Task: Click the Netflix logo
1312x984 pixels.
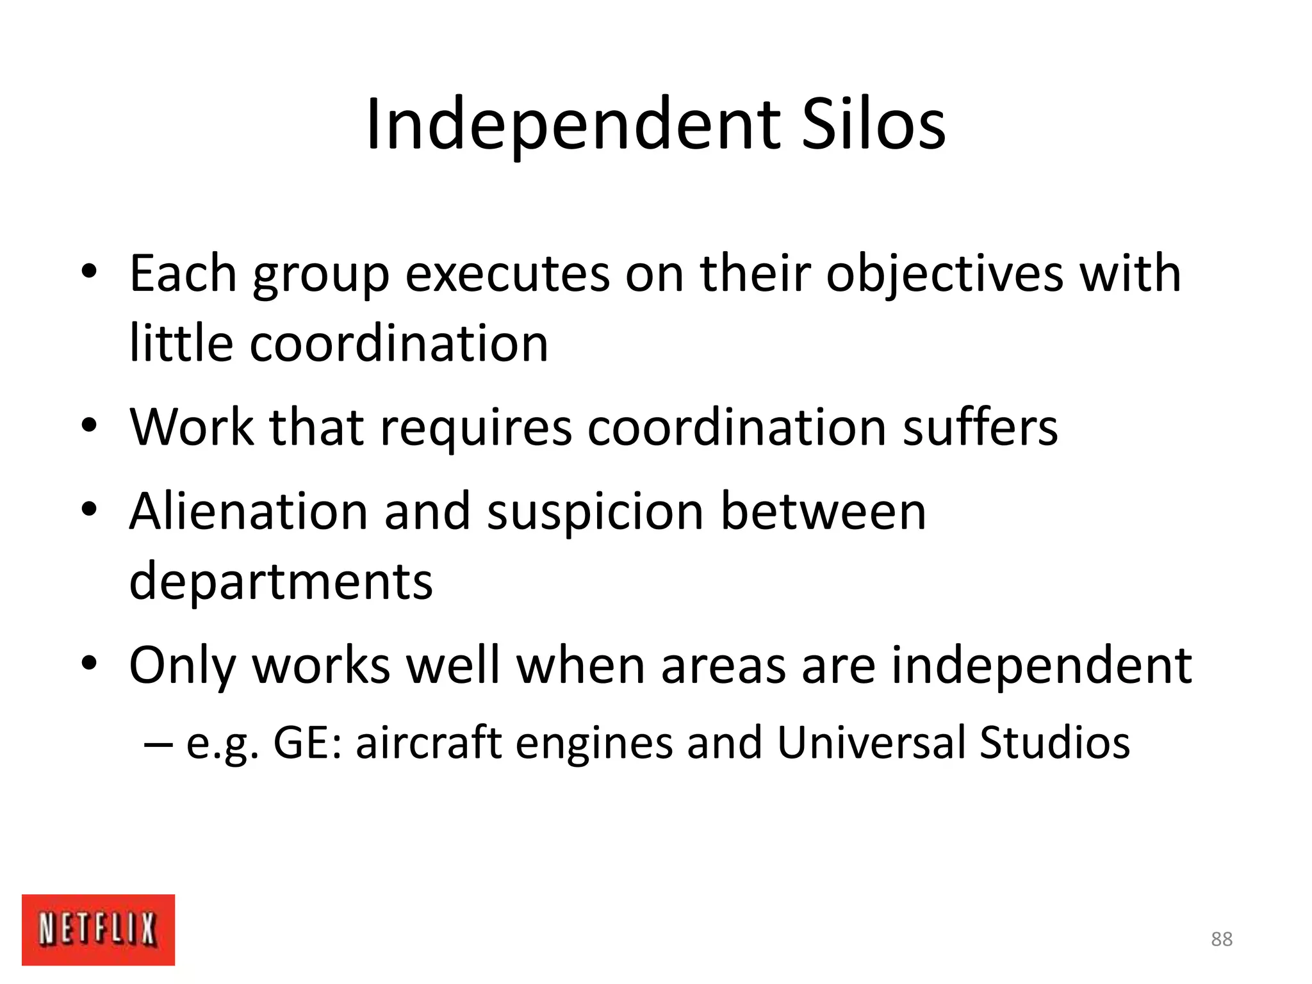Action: [98, 930]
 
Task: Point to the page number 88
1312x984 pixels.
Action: [1222, 939]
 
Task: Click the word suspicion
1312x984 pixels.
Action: [596, 512]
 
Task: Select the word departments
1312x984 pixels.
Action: [281, 582]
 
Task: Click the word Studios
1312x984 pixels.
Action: [1054, 742]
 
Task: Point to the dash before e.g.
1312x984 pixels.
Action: [158, 744]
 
